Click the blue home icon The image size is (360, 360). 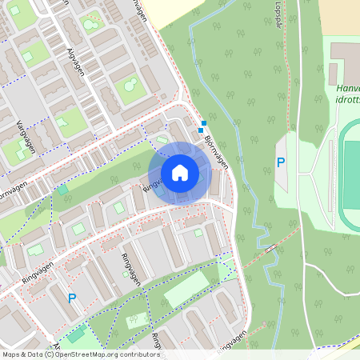point(180,173)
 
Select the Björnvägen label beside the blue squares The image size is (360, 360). point(216,150)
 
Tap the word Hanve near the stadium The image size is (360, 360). point(349,88)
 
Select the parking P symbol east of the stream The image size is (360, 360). point(281,162)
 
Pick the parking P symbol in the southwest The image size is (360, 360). point(72,298)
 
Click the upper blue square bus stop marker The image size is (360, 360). point(204,123)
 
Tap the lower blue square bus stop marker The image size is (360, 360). point(201,130)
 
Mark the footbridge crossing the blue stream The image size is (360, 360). point(272,248)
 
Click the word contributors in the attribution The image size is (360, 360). point(139,354)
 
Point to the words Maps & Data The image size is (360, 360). point(22,354)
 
